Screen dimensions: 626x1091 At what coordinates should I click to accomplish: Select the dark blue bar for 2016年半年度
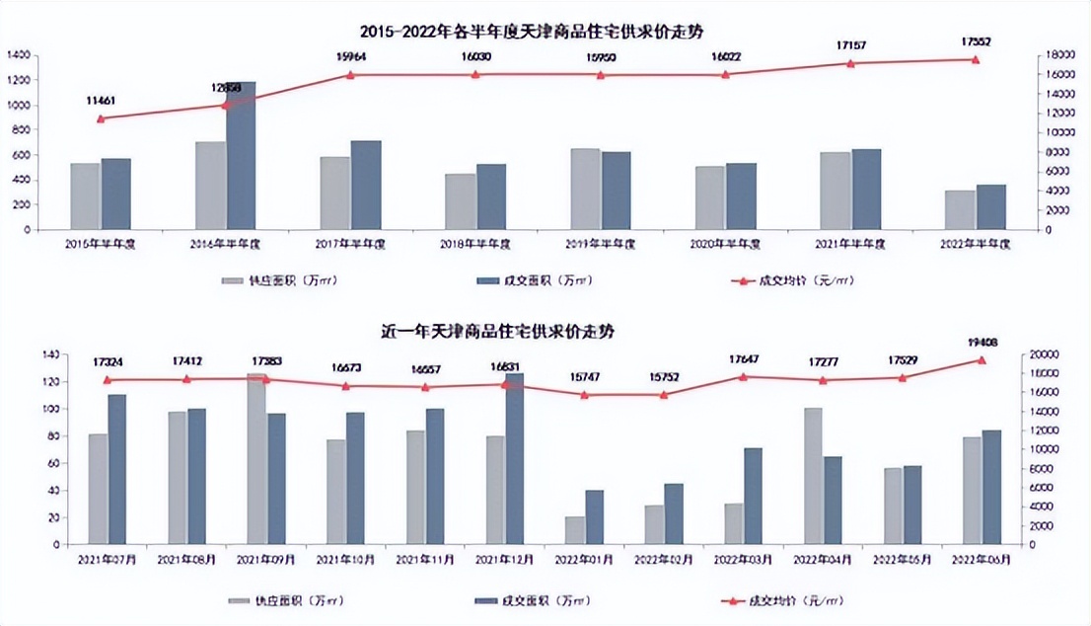click(x=241, y=156)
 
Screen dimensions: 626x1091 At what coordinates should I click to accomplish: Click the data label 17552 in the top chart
click(x=976, y=41)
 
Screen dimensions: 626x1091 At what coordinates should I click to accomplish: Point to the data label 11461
click(x=101, y=100)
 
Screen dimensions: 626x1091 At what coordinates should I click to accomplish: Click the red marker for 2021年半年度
click(x=851, y=63)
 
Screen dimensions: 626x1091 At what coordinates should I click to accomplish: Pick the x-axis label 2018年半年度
click(x=476, y=243)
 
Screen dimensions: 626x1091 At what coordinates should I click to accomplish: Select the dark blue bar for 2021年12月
click(x=514, y=458)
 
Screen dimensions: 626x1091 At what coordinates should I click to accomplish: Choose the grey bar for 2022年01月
click(x=574, y=530)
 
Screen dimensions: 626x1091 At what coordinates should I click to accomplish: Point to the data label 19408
click(x=981, y=343)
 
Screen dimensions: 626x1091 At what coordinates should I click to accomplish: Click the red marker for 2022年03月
click(x=743, y=376)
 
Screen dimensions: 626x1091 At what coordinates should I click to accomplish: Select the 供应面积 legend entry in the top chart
click(x=270, y=280)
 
